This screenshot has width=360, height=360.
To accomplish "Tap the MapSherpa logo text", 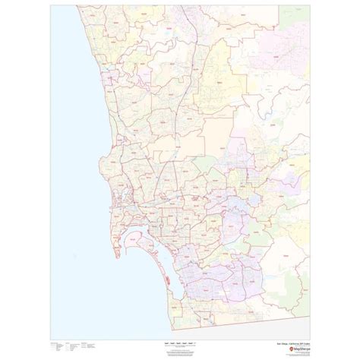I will point(291,328).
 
